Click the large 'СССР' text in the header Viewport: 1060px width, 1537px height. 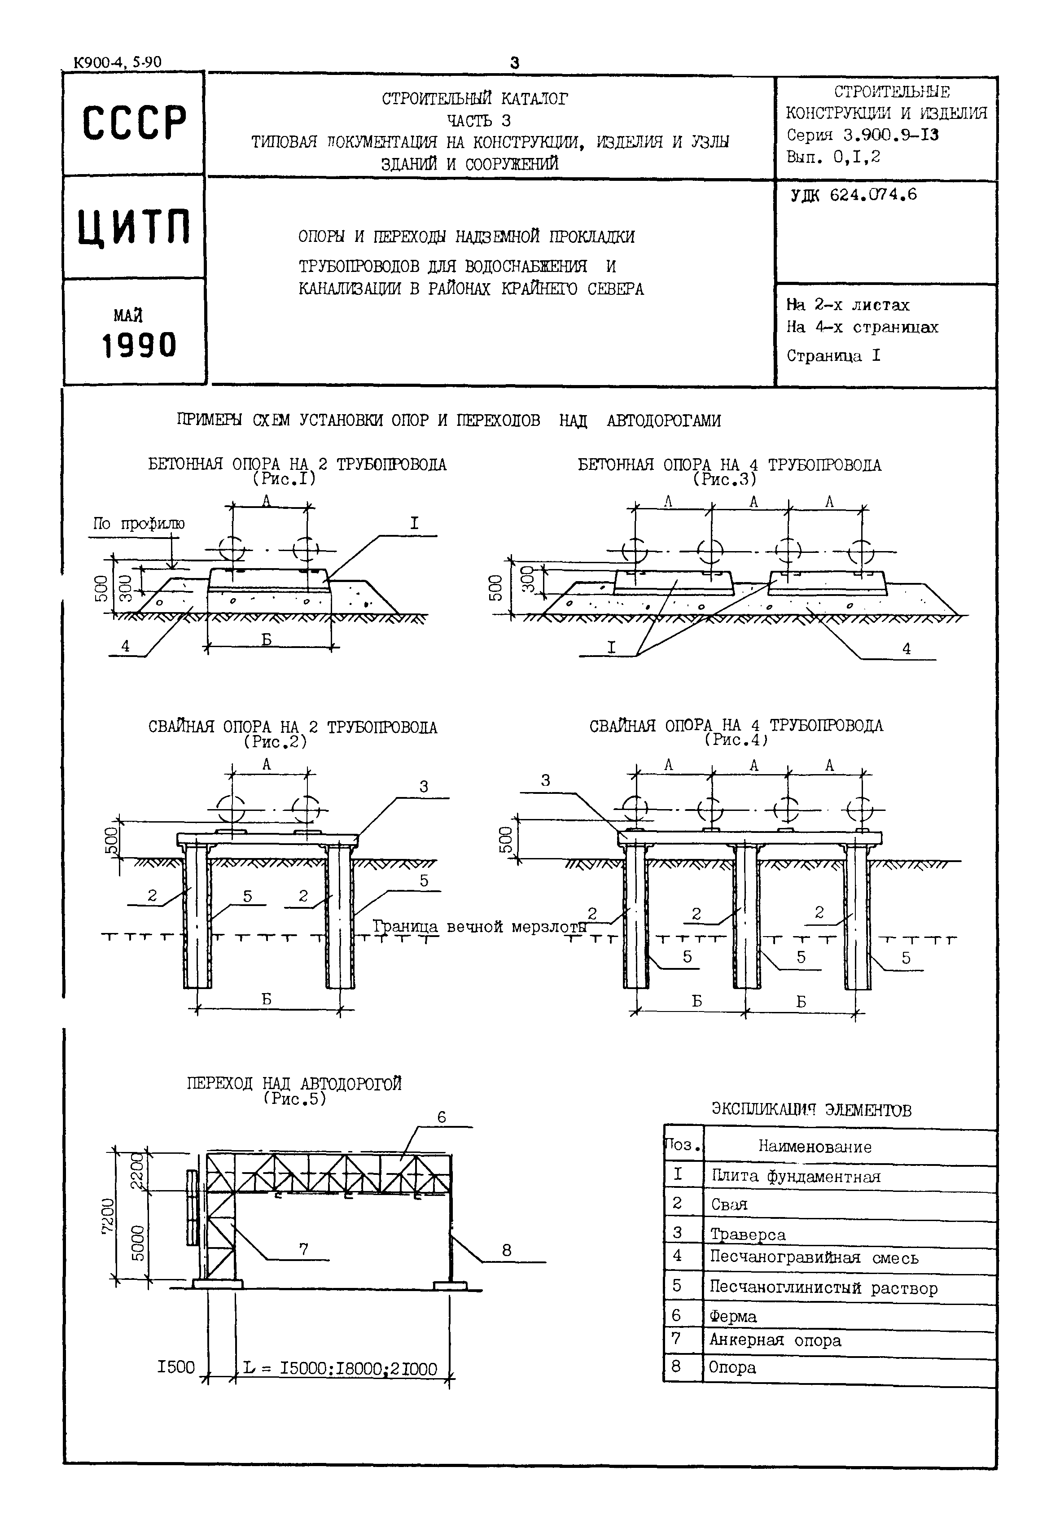pyautogui.click(x=133, y=123)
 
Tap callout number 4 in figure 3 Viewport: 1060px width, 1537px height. pyautogui.click(x=906, y=649)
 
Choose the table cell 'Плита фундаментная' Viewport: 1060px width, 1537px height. pyautogui.click(x=795, y=1176)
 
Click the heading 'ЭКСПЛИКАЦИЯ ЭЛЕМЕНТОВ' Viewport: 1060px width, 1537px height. pyautogui.click(x=811, y=1110)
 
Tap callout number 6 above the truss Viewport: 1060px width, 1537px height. pyautogui.click(x=442, y=1118)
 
